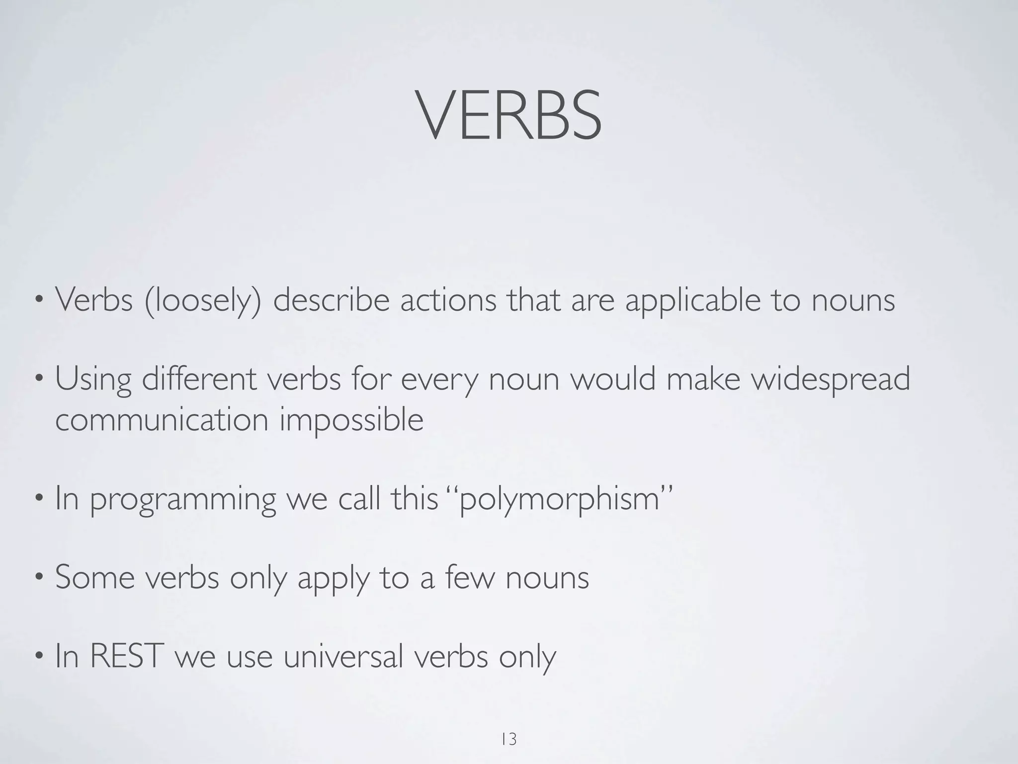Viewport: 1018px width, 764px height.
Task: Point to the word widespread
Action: coord(830,380)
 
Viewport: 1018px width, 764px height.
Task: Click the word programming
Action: coord(182,499)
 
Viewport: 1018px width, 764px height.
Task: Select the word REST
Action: coord(127,656)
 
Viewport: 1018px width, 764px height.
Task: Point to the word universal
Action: coord(342,656)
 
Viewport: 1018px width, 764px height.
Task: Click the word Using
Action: coord(93,380)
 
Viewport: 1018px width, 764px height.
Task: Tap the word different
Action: coord(199,379)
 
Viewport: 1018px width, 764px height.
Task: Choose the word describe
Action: coord(331,300)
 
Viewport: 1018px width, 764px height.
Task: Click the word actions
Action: coord(448,300)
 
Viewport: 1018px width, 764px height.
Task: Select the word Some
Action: coord(95,577)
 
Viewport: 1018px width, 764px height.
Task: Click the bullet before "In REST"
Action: coord(39,658)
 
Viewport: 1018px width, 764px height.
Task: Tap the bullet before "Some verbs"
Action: coord(39,578)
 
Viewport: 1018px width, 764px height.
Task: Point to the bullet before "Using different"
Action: coord(39,380)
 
